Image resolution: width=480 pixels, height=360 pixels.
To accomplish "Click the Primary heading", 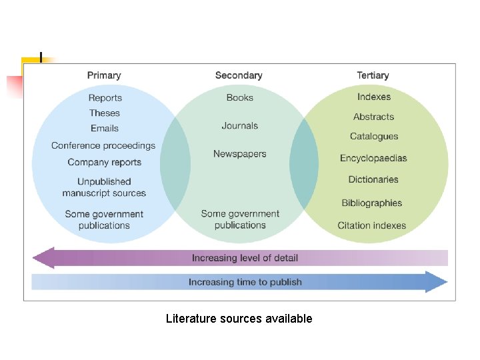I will [104, 75].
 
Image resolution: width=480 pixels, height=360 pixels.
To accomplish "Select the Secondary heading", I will [239, 75].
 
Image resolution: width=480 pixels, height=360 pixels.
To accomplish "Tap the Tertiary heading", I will [373, 75].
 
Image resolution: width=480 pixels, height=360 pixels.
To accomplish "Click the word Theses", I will [105, 113].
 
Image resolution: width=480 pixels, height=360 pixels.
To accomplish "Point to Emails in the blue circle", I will [105, 128].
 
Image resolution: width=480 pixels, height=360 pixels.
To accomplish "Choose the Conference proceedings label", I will [103, 145].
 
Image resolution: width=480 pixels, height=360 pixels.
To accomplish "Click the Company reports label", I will [105, 162].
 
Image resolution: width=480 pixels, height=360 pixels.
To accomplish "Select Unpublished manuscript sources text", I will [104, 187].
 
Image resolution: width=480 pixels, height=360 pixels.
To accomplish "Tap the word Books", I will [240, 97].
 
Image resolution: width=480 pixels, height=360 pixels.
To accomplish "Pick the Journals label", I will [240, 125].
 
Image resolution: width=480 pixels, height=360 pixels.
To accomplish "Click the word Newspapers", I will [240, 153].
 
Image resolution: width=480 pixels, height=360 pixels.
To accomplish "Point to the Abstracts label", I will [373, 117].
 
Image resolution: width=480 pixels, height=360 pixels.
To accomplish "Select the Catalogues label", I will [374, 136].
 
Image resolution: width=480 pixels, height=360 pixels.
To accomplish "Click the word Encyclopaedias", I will [373, 158].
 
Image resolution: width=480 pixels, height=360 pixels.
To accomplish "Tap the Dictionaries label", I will [373, 179].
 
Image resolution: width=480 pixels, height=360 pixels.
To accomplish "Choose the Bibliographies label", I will [372, 203].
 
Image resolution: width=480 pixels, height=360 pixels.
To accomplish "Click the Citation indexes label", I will [371, 225].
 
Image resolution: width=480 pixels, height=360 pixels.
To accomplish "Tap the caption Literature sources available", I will [239, 319].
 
